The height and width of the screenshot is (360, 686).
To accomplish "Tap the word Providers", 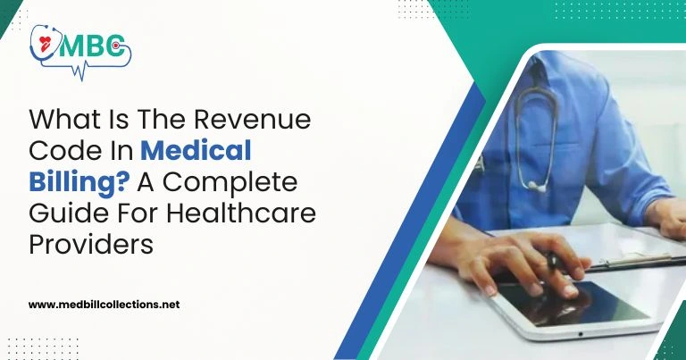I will click(91, 243).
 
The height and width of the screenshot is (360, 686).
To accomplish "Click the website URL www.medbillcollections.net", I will click(105, 304).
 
